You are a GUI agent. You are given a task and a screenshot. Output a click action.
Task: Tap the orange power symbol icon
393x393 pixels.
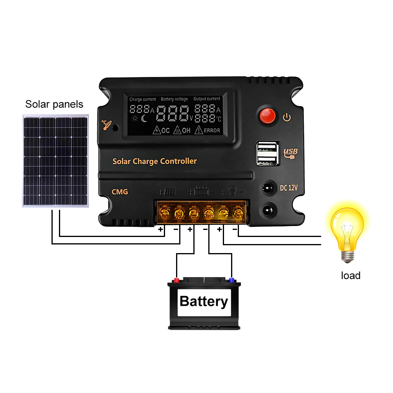click(287, 117)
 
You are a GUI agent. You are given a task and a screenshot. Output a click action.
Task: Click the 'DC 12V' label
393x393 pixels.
click(288, 188)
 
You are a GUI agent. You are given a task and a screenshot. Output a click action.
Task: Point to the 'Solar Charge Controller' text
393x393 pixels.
click(154, 161)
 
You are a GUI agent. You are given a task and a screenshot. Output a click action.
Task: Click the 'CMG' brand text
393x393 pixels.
click(120, 192)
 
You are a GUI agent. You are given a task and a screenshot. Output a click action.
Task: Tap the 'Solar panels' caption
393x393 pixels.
click(54, 104)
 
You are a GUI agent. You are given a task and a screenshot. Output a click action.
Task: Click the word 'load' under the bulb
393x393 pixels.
click(351, 275)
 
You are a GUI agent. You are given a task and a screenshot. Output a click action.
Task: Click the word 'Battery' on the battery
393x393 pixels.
click(204, 301)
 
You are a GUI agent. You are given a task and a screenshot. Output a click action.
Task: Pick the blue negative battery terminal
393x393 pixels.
click(231, 280)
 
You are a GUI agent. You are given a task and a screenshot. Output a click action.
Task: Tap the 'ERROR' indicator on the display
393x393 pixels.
click(209, 130)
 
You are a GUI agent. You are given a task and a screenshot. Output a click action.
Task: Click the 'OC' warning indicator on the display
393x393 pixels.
click(161, 130)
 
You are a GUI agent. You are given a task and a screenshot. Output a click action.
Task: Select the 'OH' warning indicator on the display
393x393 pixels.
click(183, 130)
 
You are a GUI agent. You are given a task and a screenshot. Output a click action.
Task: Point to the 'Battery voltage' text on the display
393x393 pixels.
click(174, 99)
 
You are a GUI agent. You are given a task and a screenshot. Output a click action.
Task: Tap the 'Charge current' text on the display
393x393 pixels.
click(142, 99)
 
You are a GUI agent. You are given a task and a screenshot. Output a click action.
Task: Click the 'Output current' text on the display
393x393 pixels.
click(207, 99)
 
